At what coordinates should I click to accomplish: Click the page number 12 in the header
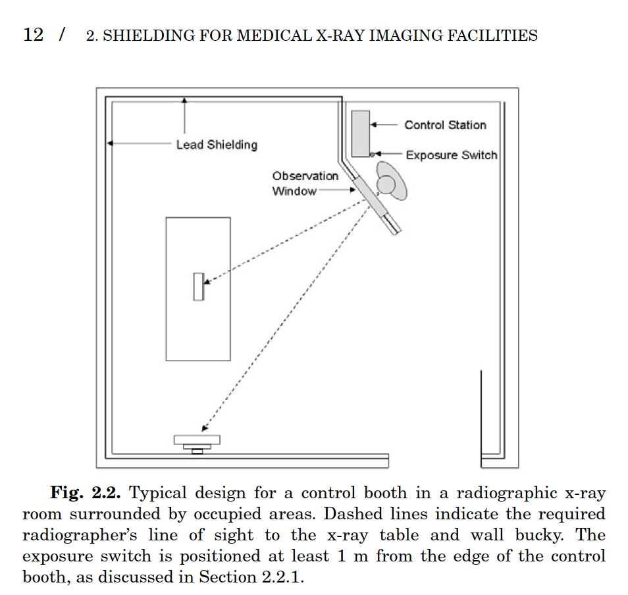[x=33, y=35]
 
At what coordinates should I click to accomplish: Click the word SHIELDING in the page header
[x=144, y=36]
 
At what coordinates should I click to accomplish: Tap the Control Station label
[x=445, y=125]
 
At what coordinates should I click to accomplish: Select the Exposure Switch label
[x=451, y=155]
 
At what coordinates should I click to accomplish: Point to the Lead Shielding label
[x=217, y=145]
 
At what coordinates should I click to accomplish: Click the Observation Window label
[x=305, y=184]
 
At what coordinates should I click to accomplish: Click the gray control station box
[x=360, y=134]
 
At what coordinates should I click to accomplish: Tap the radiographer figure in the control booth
[x=389, y=182]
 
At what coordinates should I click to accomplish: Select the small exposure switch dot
[x=372, y=155]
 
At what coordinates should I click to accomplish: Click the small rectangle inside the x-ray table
[x=198, y=286]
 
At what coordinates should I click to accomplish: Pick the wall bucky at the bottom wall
[x=197, y=442]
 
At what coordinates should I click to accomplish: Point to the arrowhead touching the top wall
[x=184, y=100]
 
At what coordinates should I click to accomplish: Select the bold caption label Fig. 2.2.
[x=88, y=494]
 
